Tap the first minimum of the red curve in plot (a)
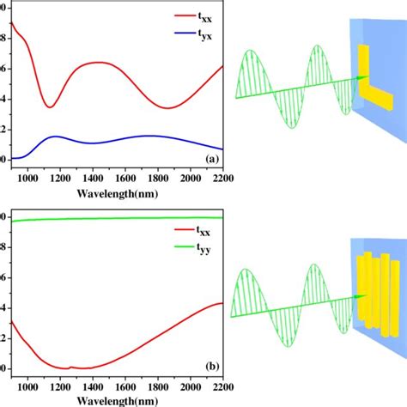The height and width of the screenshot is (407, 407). click(x=50, y=106)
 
